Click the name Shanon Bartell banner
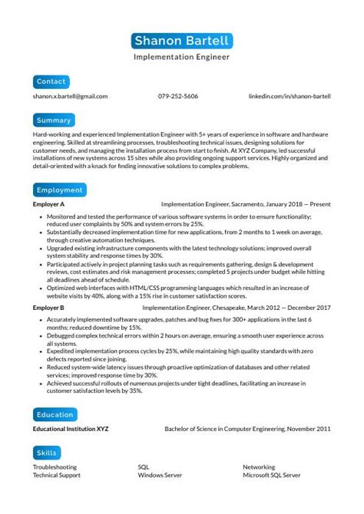coord(181,40)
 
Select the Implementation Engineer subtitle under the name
coord(181,57)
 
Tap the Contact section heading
coord(51,81)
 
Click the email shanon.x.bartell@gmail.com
coord(70,97)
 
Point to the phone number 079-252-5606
coord(178,97)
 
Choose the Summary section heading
coord(54,120)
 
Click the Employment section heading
coord(60,189)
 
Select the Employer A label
coord(48,206)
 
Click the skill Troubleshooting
coord(55,466)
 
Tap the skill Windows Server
coord(160,475)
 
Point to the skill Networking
coord(259,466)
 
